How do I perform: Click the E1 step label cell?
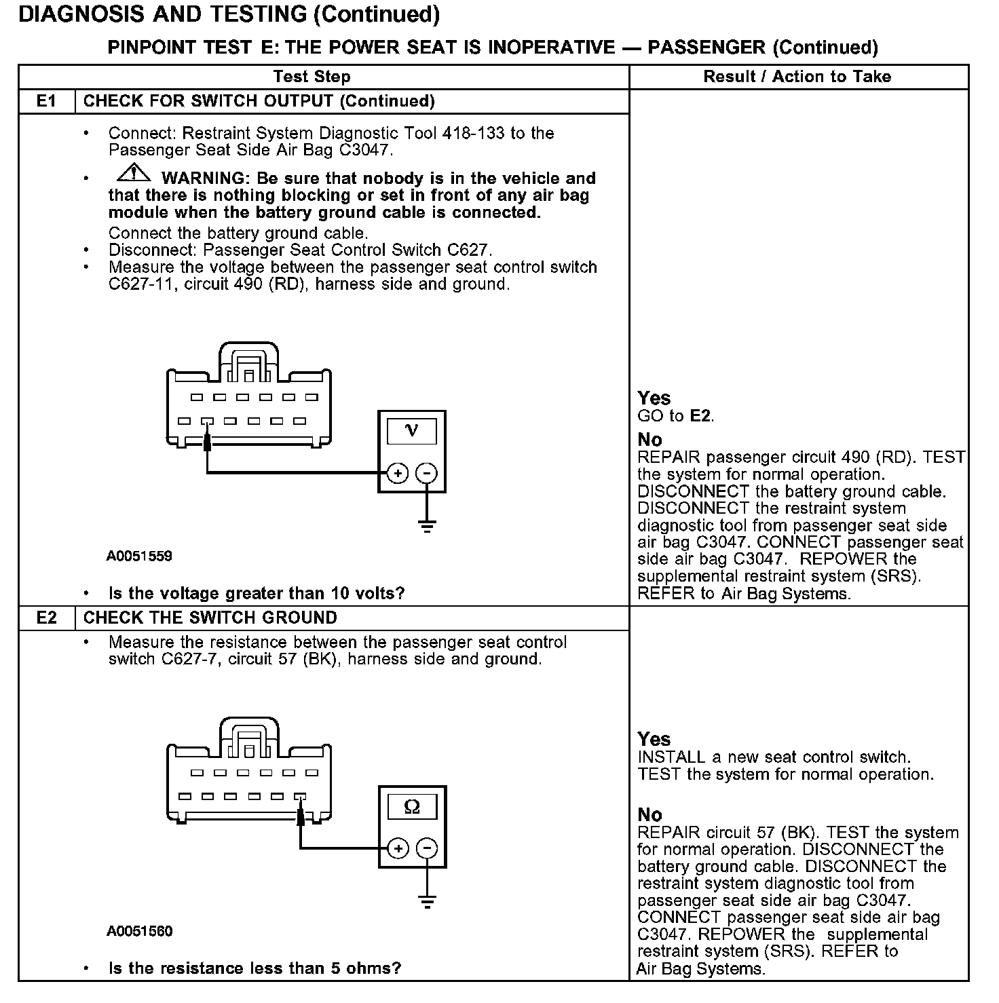[46, 102]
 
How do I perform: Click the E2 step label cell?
[46, 618]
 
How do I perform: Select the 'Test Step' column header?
[312, 77]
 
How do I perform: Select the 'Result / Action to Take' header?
[797, 77]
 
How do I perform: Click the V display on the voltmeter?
[411, 430]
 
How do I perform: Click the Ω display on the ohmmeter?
[411, 806]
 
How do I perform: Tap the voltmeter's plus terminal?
[397, 474]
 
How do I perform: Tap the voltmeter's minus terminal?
[426, 474]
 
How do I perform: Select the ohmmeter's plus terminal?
[397, 849]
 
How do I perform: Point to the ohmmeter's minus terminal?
[426, 849]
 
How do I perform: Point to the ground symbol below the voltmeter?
[426, 526]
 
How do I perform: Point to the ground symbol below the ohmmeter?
[426, 902]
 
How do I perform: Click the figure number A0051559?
[139, 556]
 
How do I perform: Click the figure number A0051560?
[139, 932]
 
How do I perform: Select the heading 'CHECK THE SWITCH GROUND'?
[210, 618]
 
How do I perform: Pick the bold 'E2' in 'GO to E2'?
[701, 416]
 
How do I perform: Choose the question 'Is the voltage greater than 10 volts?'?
[257, 594]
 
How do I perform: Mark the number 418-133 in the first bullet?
[473, 134]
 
